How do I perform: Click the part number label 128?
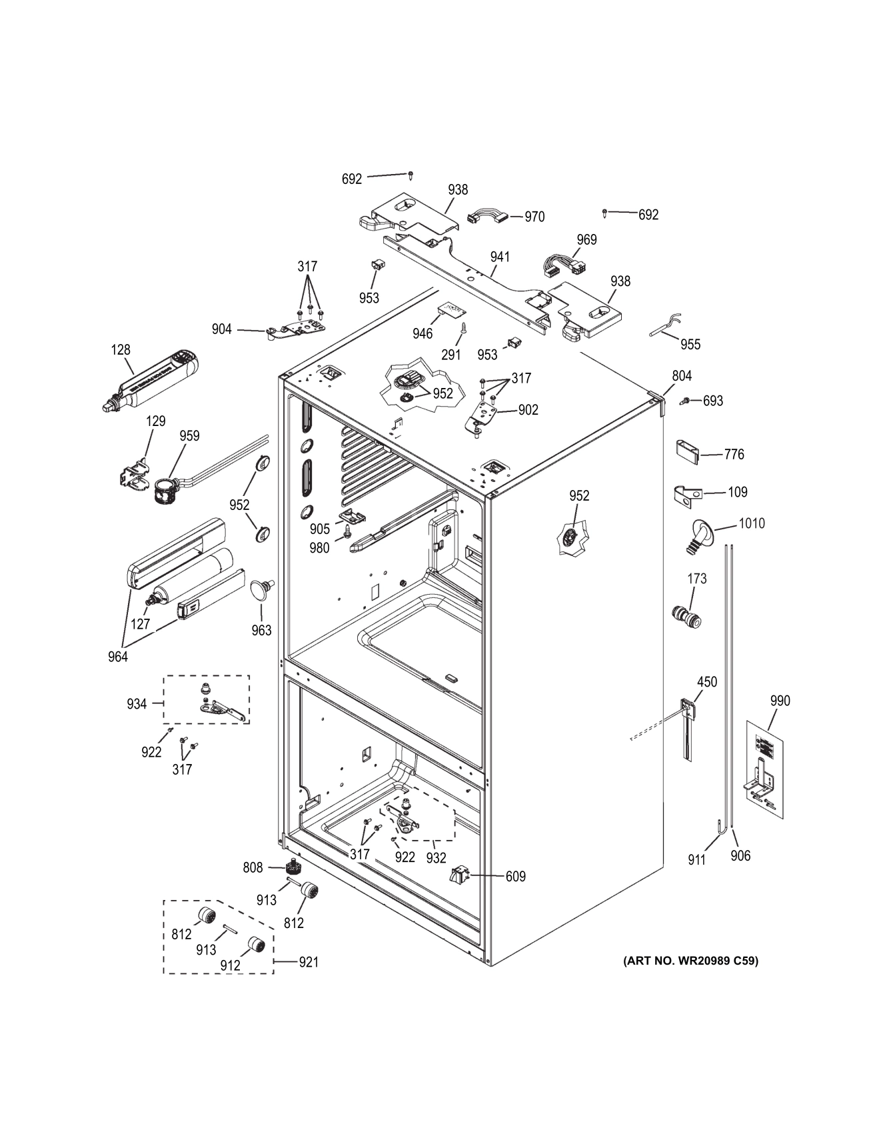tap(121, 350)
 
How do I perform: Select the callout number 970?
tap(534, 217)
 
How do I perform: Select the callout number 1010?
tap(751, 523)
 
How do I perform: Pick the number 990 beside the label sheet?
tap(780, 701)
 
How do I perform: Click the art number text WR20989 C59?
tap(690, 961)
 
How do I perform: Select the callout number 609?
tap(515, 877)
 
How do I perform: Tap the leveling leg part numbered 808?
tap(292, 868)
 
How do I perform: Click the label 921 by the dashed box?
tap(308, 962)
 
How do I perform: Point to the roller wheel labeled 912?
tap(256, 945)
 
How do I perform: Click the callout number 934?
tap(137, 704)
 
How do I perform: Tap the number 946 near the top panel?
tap(423, 333)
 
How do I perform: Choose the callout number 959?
tap(189, 436)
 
